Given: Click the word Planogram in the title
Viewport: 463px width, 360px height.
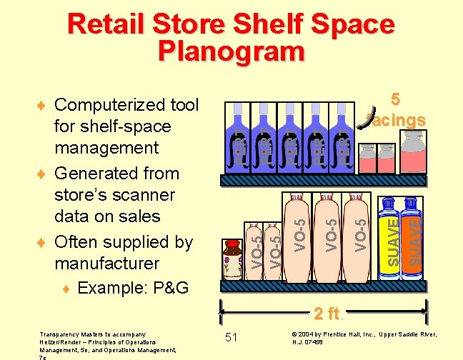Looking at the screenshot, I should [231, 51].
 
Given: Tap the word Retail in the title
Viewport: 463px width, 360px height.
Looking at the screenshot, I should [106, 24].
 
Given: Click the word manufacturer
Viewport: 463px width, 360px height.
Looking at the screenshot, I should [107, 264].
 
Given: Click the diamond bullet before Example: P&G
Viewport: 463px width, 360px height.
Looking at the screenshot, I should [66, 289].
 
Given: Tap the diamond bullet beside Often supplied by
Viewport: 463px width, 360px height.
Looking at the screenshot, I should [44, 242].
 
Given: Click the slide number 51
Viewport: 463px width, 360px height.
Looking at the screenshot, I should [231, 337].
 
